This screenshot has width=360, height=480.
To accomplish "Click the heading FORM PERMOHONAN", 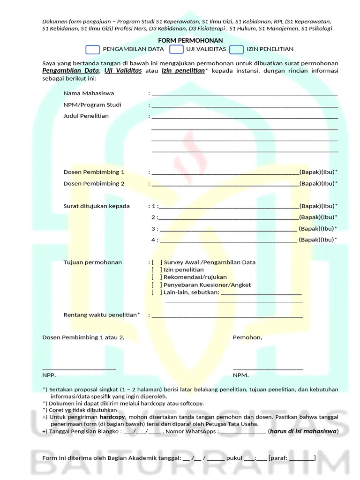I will coord(190,41).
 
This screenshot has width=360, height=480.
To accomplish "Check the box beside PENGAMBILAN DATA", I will coord(93,49).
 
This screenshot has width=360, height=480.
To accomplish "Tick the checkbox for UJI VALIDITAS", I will coord(176,49).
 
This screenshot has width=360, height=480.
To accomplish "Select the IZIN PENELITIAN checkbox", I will coord(237,49).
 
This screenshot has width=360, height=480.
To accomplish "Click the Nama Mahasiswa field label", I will coord(89,93).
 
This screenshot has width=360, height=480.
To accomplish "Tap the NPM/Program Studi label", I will coord(92,105).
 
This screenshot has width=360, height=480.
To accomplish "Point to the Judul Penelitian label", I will coord(86,116).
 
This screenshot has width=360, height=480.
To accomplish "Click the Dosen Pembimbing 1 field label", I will coord(94,172).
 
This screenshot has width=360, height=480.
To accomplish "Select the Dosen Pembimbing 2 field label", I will coord(94,183).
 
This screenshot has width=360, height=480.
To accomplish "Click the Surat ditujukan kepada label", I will coord(97,206).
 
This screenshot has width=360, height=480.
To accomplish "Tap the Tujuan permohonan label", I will coord(92,262).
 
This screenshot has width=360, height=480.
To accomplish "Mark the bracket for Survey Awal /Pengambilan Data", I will coord(157,262).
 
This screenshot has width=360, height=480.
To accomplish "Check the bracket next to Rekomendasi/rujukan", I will coord(157,277).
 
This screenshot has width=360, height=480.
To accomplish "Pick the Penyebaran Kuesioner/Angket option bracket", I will coord(157,285).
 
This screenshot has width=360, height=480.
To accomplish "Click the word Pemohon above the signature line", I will coord(247,337).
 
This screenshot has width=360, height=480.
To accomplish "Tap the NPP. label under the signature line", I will coord(49,375).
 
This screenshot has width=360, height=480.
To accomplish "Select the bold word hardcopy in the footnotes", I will coord(111,416).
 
